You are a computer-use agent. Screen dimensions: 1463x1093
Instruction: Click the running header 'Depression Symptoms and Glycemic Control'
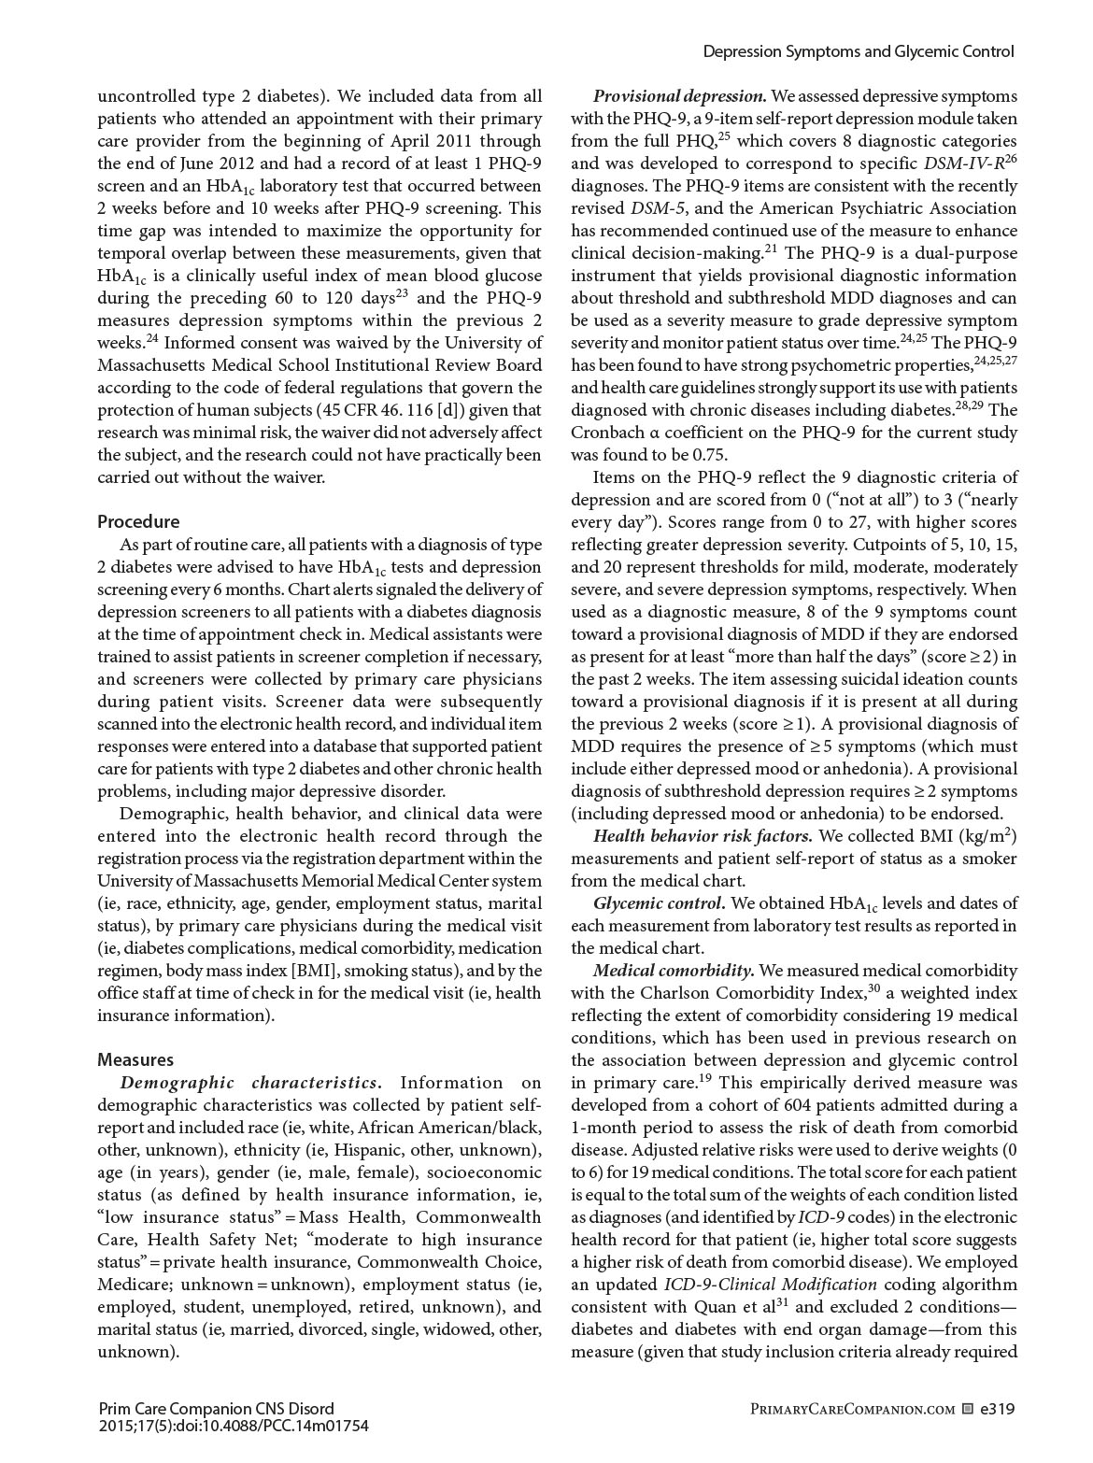[858, 52]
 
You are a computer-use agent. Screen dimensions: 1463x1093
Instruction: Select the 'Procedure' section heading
[138, 521]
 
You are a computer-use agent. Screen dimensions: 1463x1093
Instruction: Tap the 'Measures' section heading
[135, 1059]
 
